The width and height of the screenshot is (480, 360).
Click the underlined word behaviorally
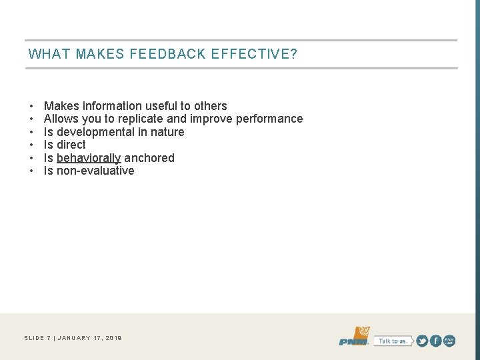click(x=89, y=158)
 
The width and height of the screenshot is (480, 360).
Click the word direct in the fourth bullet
click(x=71, y=145)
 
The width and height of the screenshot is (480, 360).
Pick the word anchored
click(x=149, y=158)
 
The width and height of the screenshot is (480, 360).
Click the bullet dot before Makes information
click(x=31, y=107)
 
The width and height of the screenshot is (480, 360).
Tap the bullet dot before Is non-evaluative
click(x=31, y=171)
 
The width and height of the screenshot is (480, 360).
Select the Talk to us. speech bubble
click(x=393, y=341)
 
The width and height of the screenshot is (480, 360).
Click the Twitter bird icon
click(x=422, y=341)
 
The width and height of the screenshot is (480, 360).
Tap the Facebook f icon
click(x=436, y=341)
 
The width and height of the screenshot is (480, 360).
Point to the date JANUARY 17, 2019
click(x=90, y=338)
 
